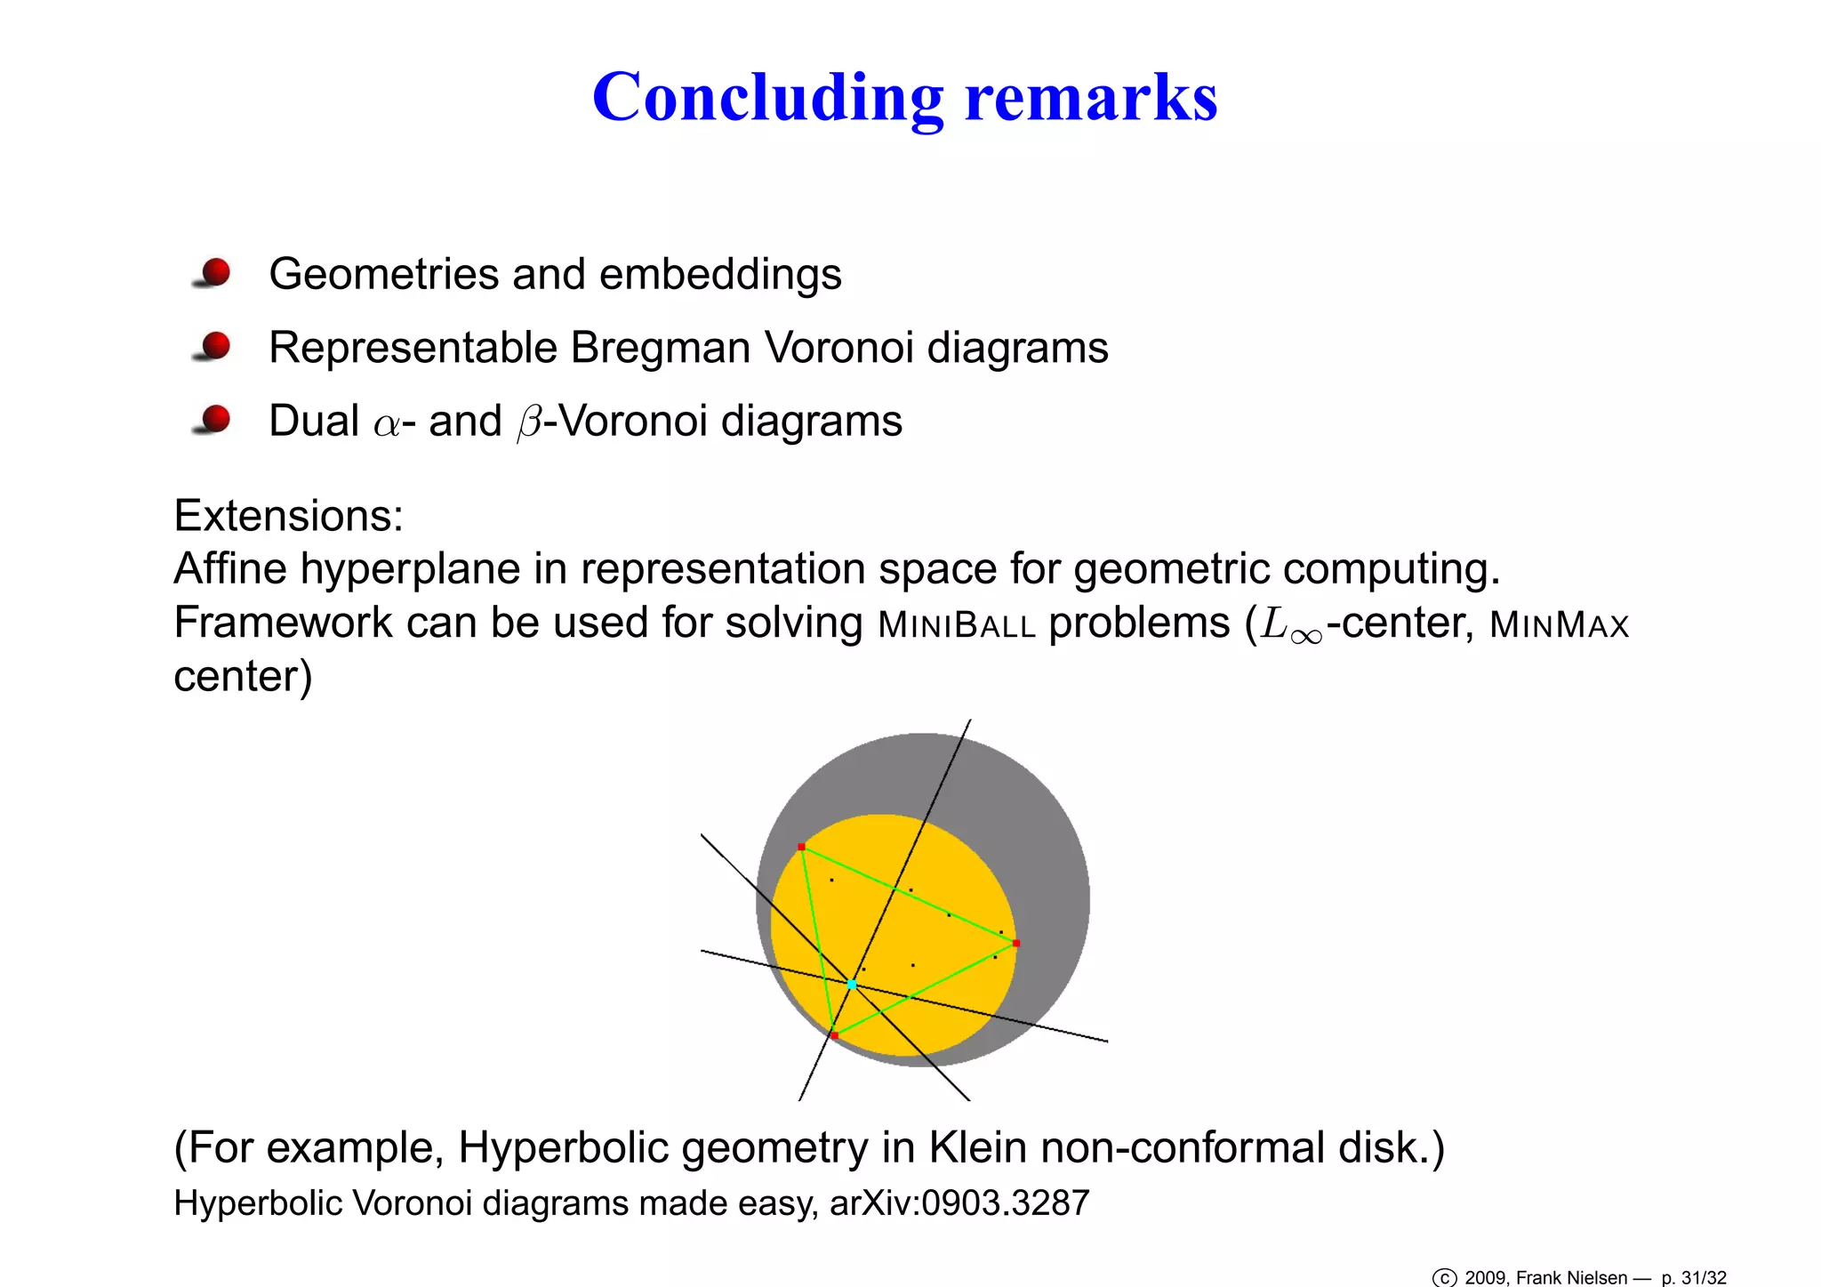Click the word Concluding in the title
[x=767, y=98]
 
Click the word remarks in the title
[x=1091, y=98]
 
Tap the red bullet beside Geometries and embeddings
[x=215, y=272]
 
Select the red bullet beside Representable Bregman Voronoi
[x=215, y=346]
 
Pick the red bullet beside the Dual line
[x=215, y=419]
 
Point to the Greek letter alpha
[x=387, y=423]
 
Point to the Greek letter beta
[x=529, y=422]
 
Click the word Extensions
[x=288, y=516]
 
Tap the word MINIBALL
[x=957, y=625]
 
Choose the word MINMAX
[x=1559, y=625]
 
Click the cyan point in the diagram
[x=852, y=985]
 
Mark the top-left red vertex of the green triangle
[x=801, y=847]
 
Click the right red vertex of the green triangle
[x=1016, y=943]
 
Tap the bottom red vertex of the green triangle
[x=834, y=1035]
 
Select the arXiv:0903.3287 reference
[x=959, y=1203]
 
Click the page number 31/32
[x=1703, y=1278]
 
